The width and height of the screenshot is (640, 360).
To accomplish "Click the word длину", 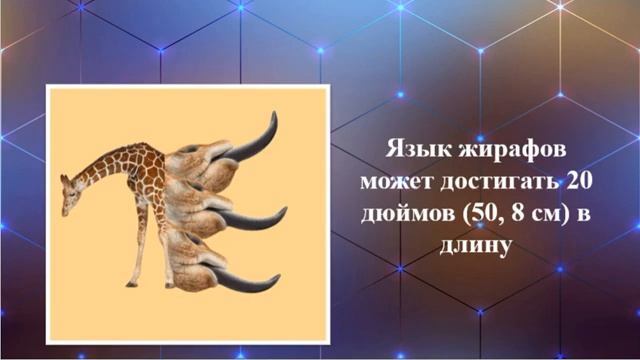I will (x=477, y=244).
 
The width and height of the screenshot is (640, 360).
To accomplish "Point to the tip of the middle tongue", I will (x=284, y=211).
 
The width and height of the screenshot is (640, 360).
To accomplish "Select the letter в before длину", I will (x=577, y=213).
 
